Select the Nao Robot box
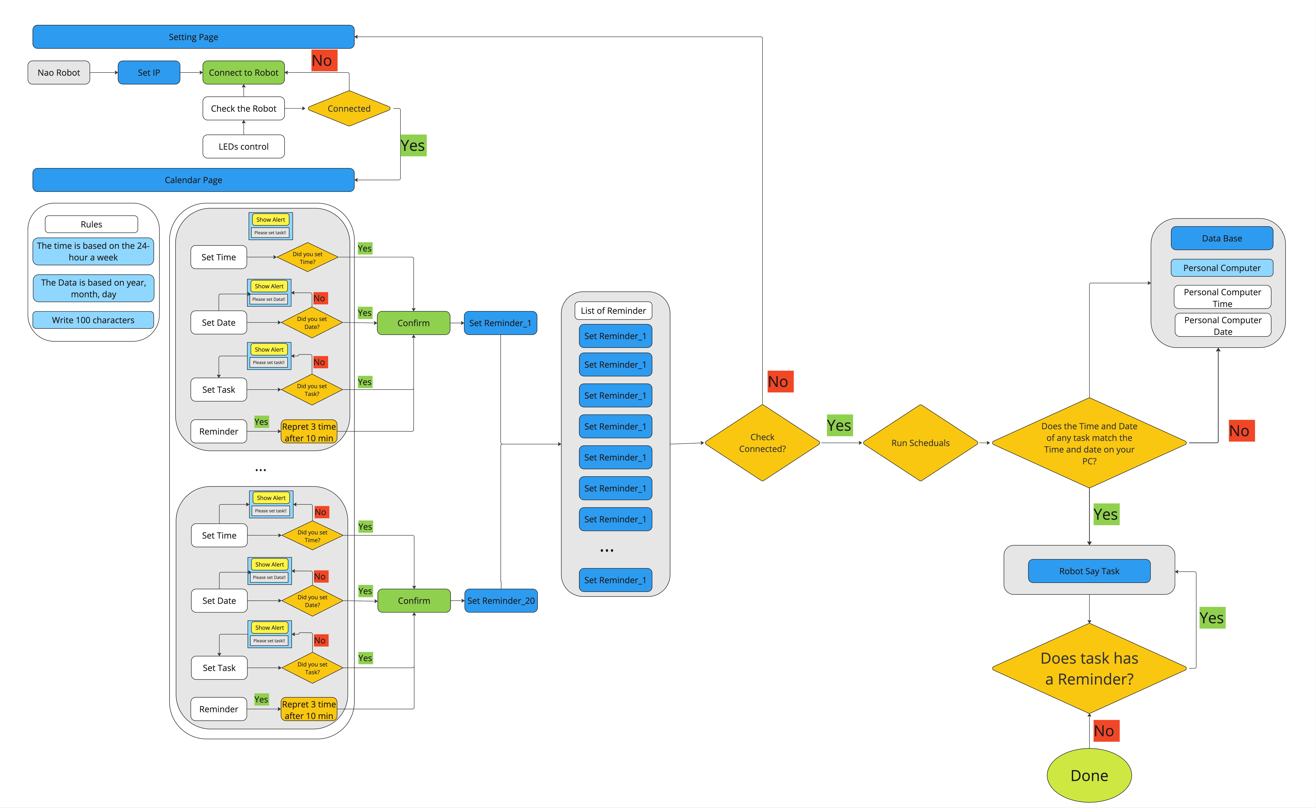(59, 73)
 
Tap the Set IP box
(149, 73)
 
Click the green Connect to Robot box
(244, 73)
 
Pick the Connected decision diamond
(349, 108)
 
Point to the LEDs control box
(244, 146)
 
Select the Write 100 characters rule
(93, 320)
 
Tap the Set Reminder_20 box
(501, 601)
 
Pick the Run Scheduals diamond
(920, 443)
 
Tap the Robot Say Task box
(1089, 571)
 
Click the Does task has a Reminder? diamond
(1089, 668)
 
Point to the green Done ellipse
(1089, 775)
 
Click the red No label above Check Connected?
(780, 382)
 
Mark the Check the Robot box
(244, 108)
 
